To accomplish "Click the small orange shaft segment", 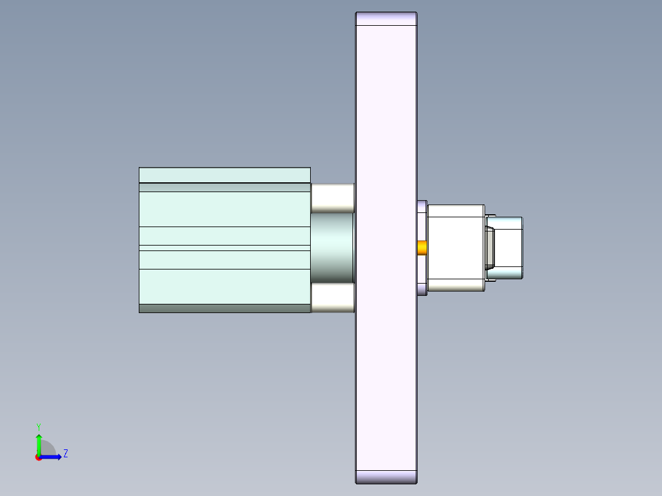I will (x=423, y=248).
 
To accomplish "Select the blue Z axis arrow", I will (x=53, y=457).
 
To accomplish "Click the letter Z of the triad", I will (x=65, y=454).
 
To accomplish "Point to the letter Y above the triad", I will (x=38, y=426).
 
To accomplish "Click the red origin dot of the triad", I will (x=38, y=457).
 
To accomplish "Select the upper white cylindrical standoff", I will (x=332, y=197).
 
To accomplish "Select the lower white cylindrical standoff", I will (x=332, y=298).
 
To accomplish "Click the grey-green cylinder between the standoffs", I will (x=332, y=247).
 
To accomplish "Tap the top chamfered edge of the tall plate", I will (x=386, y=18).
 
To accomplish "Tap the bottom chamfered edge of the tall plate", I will (x=386, y=477).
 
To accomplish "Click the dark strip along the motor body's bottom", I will (x=224, y=308).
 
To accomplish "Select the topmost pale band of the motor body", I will (x=224, y=175).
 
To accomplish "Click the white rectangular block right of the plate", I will (x=456, y=248).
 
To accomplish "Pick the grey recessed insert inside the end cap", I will (x=491, y=248).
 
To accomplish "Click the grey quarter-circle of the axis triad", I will (x=49, y=449).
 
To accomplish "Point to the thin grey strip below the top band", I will (x=224, y=188).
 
